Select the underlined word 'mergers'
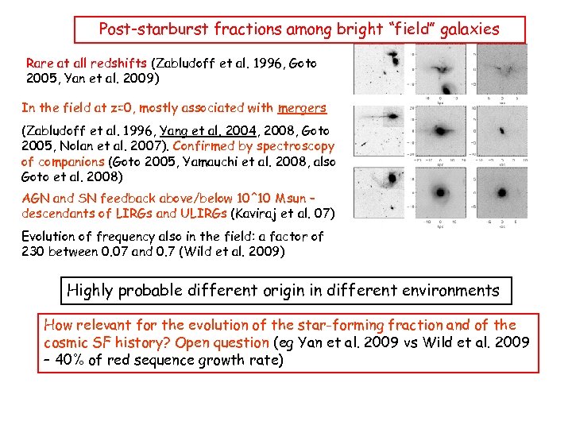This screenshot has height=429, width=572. (x=302, y=108)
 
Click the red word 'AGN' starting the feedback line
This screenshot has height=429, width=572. (x=35, y=199)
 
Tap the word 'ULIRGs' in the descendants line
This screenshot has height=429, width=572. (x=199, y=214)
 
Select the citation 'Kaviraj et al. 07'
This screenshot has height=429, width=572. (x=281, y=214)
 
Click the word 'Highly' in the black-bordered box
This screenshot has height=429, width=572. (x=91, y=291)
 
